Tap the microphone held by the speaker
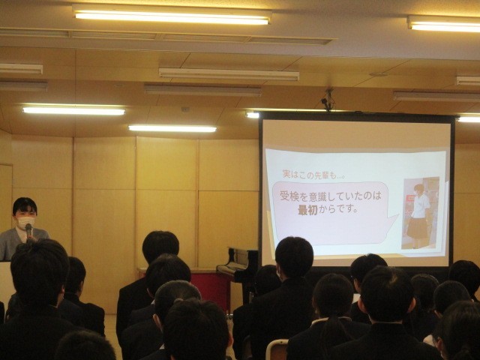(x=28, y=229)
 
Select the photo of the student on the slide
(x=420, y=213)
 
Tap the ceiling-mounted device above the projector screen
(x=327, y=99)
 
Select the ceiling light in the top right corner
(x=444, y=25)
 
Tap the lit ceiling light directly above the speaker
(x=73, y=109)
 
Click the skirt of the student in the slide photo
(x=418, y=228)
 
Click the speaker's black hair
(x=24, y=205)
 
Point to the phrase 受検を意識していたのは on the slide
(x=330, y=196)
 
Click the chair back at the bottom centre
(x=277, y=349)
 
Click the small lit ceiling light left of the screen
(x=172, y=128)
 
